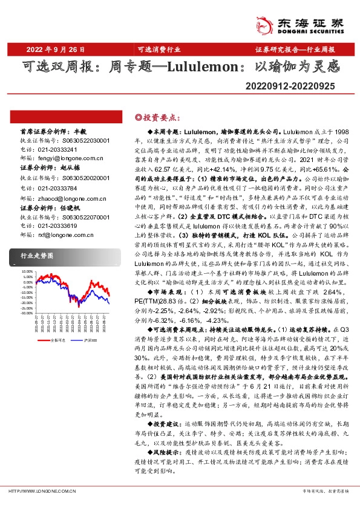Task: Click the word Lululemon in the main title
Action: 197,68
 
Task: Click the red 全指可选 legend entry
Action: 56,341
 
